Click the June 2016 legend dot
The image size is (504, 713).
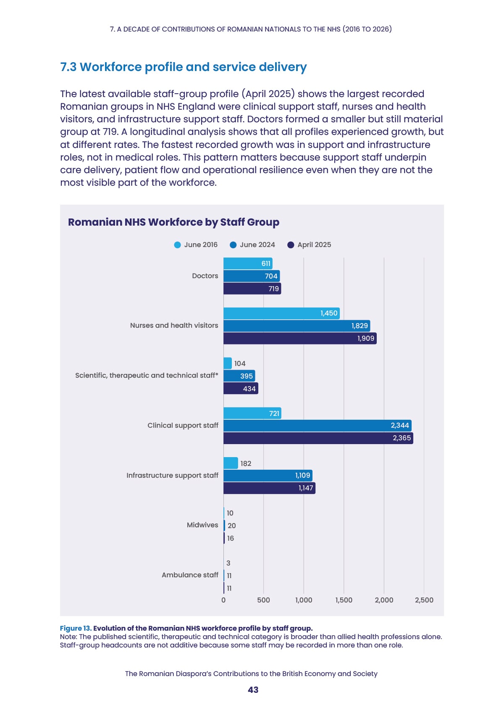pyautogui.click(x=177, y=245)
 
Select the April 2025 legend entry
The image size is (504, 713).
pyautogui.click(x=309, y=245)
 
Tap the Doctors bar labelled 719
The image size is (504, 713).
pyautogui.click(x=252, y=289)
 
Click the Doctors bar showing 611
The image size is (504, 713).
pyautogui.click(x=248, y=263)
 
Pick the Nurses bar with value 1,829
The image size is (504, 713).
pyautogui.click(x=297, y=326)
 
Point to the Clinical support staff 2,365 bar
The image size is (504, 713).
pyautogui.click(x=318, y=438)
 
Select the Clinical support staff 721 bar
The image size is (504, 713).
pyautogui.click(x=252, y=413)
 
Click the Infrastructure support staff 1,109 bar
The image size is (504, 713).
pyautogui.click(x=268, y=476)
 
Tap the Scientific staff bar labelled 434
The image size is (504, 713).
pyautogui.click(x=241, y=388)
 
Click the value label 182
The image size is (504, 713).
pyautogui.click(x=246, y=463)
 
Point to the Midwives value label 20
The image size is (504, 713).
pyautogui.click(x=232, y=526)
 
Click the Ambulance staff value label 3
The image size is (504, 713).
pyautogui.click(x=228, y=563)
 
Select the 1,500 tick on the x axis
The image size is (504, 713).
pyautogui.click(x=344, y=600)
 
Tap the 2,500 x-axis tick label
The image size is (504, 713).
pyautogui.click(x=424, y=600)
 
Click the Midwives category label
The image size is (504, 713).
pyautogui.click(x=202, y=525)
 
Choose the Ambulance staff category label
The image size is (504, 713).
pyautogui.click(x=190, y=575)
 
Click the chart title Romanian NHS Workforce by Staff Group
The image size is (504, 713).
pyautogui.click(x=174, y=222)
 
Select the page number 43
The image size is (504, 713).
pyautogui.click(x=253, y=690)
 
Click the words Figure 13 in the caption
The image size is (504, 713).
pyautogui.click(x=76, y=628)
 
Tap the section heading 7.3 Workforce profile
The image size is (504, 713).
pyautogui.click(x=183, y=67)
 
